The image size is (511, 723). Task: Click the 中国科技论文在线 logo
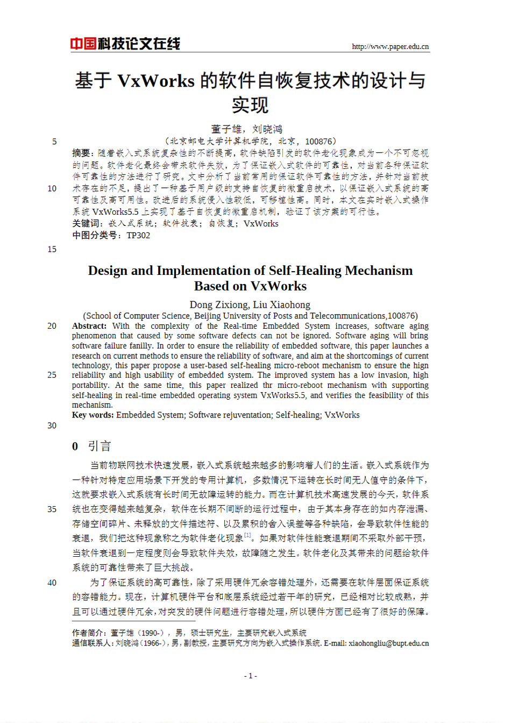coord(125,44)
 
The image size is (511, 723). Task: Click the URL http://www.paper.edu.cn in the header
coord(390,47)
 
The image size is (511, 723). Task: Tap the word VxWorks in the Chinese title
coord(155,81)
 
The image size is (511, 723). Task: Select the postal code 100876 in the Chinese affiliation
coord(320,141)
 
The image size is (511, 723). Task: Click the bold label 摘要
coord(81,153)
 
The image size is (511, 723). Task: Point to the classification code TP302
coord(138,235)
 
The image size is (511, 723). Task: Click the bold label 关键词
coord(86,223)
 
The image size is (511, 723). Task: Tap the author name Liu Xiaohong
coord(281,304)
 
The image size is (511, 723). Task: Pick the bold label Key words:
coord(93,415)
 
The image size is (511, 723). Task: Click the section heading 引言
coord(100,446)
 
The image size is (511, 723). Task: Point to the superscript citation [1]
coord(247,535)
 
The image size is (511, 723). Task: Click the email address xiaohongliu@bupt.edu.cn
coord(388,643)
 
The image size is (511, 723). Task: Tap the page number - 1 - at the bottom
coord(251,676)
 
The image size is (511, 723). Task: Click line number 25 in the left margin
coord(52,375)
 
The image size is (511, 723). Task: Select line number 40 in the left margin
coord(52,583)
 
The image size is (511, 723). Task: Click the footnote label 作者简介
coord(89,633)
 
